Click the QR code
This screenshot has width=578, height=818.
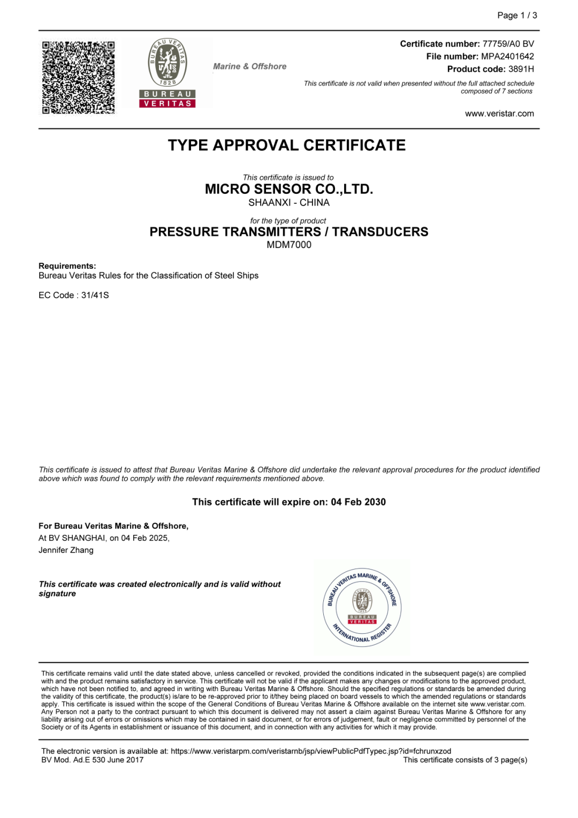(x=78, y=77)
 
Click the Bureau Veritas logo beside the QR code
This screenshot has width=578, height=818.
(x=168, y=73)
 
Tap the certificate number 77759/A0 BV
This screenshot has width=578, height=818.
(x=508, y=44)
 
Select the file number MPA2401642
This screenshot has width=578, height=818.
(x=507, y=56)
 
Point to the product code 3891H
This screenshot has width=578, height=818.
(x=521, y=69)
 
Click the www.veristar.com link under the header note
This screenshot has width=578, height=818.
(x=499, y=113)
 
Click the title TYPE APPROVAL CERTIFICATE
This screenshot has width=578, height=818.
(x=287, y=145)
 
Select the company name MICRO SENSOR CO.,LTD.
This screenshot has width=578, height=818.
(x=289, y=189)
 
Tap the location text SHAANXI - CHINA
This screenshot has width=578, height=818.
(x=289, y=202)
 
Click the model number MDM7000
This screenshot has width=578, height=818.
(x=289, y=245)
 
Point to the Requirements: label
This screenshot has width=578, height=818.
(x=67, y=266)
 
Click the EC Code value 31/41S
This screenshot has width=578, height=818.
(x=95, y=295)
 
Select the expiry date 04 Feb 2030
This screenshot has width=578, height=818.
(x=358, y=502)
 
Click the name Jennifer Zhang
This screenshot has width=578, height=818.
(x=66, y=550)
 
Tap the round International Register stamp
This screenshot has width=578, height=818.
(x=362, y=607)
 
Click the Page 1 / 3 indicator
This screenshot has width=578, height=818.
(x=517, y=16)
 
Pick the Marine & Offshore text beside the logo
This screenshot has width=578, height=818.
(x=250, y=66)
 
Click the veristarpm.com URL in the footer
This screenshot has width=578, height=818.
(x=310, y=751)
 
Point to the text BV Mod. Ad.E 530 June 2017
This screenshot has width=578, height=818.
(x=93, y=760)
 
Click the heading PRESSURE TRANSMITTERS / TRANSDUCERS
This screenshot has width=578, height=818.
(x=289, y=232)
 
